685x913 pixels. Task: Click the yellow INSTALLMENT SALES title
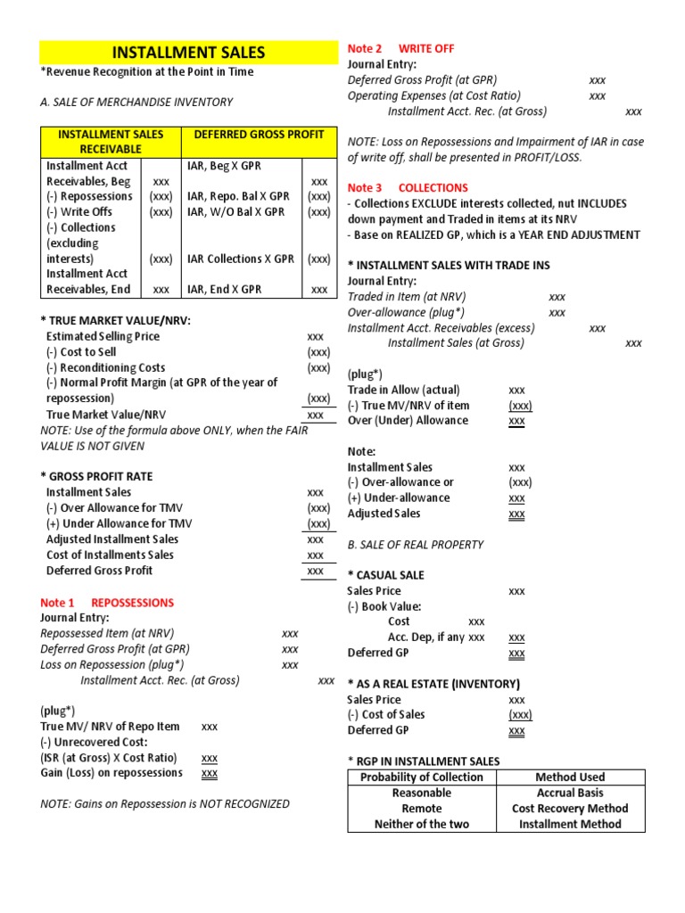tap(187, 53)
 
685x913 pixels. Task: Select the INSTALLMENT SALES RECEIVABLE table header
tap(111, 141)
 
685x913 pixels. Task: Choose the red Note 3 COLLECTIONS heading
tap(408, 188)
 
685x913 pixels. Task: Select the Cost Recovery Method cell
tap(570, 809)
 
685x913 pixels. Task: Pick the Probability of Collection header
tap(422, 777)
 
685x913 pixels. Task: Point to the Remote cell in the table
tap(422, 809)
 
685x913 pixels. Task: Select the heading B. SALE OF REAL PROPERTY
tap(416, 545)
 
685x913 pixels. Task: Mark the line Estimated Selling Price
tap(104, 336)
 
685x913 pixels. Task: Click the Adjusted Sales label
tap(384, 514)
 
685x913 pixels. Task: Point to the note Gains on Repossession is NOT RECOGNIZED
tap(165, 803)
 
